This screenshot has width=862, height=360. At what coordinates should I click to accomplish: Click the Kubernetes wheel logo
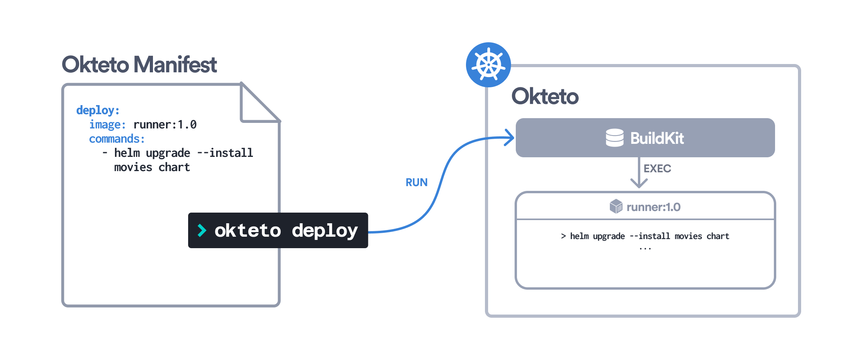[489, 65]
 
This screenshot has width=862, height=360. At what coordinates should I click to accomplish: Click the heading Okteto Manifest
[139, 65]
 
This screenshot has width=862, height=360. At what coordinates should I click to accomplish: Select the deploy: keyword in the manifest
[98, 110]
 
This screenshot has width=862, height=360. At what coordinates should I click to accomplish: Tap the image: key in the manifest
[107, 124]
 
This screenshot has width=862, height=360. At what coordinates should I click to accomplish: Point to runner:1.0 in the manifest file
[165, 124]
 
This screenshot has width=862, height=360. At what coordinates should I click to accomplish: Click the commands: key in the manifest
[117, 139]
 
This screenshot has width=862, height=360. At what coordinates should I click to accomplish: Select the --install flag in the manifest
[224, 153]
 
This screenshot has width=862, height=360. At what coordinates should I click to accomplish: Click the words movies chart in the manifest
[152, 167]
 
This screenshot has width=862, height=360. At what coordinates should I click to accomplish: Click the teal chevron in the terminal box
[202, 230]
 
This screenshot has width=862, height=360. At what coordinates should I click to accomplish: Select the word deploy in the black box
[324, 230]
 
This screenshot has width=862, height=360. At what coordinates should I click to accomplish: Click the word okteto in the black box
[247, 230]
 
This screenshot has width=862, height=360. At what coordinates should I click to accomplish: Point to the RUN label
[417, 182]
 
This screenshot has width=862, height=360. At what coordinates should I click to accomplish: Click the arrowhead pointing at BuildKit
[510, 138]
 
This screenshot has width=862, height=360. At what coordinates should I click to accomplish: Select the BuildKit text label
[657, 138]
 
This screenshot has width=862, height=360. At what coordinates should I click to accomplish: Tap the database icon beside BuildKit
[615, 138]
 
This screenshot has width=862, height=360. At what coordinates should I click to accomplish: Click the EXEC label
[657, 169]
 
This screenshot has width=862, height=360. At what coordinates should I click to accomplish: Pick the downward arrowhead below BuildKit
[639, 183]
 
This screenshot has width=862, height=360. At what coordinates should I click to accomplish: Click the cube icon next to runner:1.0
[616, 206]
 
